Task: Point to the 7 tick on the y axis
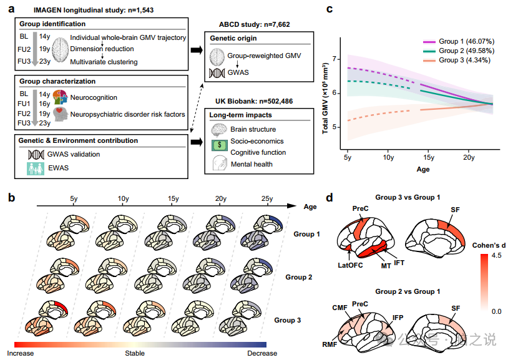(335, 59)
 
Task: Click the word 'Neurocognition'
(94, 97)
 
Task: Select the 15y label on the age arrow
(172, 198)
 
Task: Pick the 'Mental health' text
(252, 164)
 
